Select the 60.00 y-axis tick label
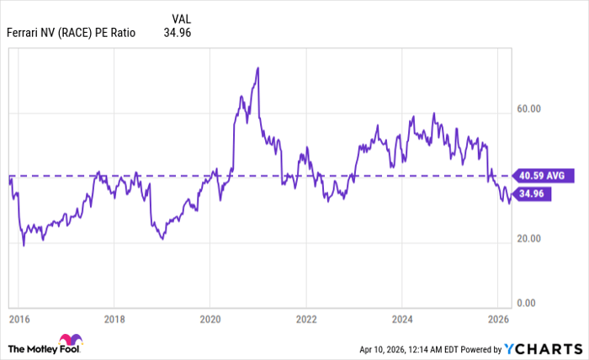[x=528, y=109]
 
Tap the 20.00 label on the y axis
[x=528, y=239]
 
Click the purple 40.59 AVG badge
[x=546, y=176]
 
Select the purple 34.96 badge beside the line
[x=534, y=193]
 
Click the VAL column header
[x=180, y=19]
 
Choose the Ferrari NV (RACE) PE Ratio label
[x=71, y=34]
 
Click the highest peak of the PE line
[x=257, y=67]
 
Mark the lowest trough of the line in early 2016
[x=24, y=245]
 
